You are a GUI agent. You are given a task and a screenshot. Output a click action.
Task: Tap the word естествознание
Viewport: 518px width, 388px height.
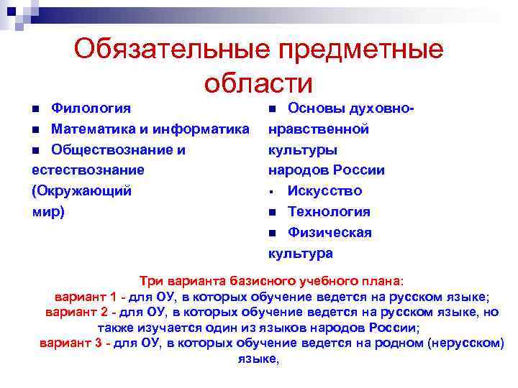point(88,170)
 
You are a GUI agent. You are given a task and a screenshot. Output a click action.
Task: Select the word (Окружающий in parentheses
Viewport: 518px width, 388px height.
point(81,191)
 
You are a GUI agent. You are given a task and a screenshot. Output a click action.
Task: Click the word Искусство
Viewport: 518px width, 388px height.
point(324,191)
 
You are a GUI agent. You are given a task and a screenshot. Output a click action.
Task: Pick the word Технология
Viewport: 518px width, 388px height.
point(329,212)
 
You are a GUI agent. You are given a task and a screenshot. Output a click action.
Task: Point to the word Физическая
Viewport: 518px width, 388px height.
point(330,233)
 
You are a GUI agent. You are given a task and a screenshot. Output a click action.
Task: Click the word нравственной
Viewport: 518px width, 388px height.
point(318,129)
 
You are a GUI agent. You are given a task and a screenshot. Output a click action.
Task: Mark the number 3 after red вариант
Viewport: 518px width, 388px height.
point(98,343)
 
